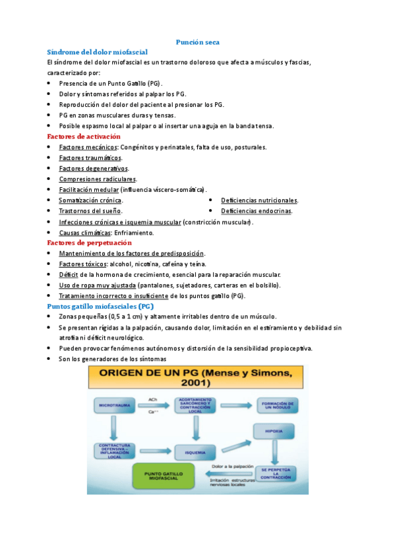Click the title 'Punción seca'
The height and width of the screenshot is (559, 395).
coord(197,42)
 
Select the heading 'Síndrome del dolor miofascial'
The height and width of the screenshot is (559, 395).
coord(98,51)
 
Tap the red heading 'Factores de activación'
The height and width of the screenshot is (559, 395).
coord(84,136)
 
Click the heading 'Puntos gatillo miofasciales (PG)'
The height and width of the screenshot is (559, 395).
coord(101,307)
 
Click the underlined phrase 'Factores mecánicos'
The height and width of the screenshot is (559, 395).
coord(88,147)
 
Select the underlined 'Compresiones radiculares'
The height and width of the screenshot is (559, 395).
coord(98,179)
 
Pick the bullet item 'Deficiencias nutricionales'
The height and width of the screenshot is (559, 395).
coord(259,200)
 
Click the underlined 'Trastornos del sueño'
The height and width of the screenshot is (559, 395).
coord(90,211)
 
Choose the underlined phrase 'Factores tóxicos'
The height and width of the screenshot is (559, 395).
coord(82,264)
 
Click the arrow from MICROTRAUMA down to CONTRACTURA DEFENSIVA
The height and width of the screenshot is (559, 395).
coord(114,428)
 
